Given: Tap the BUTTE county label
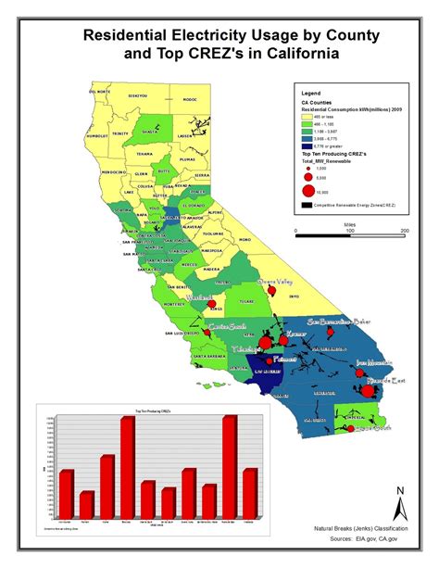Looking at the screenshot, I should [163, 170].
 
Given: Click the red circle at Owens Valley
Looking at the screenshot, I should [271, 293].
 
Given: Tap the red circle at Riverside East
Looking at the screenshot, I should [367, 392].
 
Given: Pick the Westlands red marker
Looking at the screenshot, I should [210, 303].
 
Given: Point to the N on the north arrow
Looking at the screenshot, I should [399, 490].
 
